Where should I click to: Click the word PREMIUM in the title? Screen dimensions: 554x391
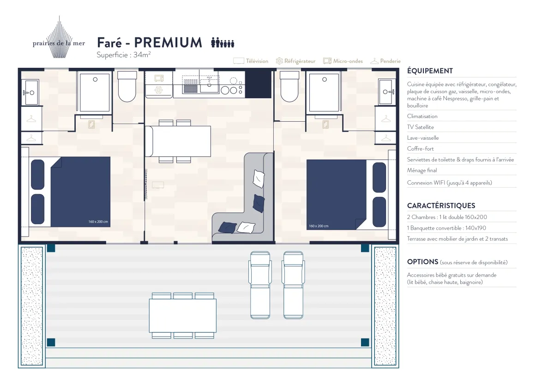(168, 42)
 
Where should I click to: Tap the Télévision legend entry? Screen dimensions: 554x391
(251, 61)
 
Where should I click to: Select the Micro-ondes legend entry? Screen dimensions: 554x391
(343, 61)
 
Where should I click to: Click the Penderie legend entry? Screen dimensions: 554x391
(385, 61)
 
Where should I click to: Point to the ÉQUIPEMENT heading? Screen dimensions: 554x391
(430, 71)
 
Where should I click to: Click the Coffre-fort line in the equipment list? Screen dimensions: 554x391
(420, 148)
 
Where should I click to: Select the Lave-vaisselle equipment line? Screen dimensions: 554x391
(423, 138)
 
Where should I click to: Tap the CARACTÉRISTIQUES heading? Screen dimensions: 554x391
(441, 206)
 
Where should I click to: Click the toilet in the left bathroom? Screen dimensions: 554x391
(127, 86)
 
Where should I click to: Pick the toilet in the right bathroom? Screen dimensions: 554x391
(289, 86)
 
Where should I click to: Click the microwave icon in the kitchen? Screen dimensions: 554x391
(159, 78)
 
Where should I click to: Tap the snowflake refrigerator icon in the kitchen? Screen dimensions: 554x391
(158, 89)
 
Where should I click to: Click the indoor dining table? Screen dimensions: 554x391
(178, 141)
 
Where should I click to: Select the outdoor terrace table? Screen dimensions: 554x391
(183, 315)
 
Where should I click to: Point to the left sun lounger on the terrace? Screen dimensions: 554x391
(260, 285)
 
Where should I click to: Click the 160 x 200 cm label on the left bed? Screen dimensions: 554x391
(98, 222)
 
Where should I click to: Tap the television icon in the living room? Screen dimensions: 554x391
(158, 185)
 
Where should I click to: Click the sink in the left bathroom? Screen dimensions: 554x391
(30, 92)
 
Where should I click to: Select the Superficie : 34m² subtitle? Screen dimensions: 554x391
(124, 54)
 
